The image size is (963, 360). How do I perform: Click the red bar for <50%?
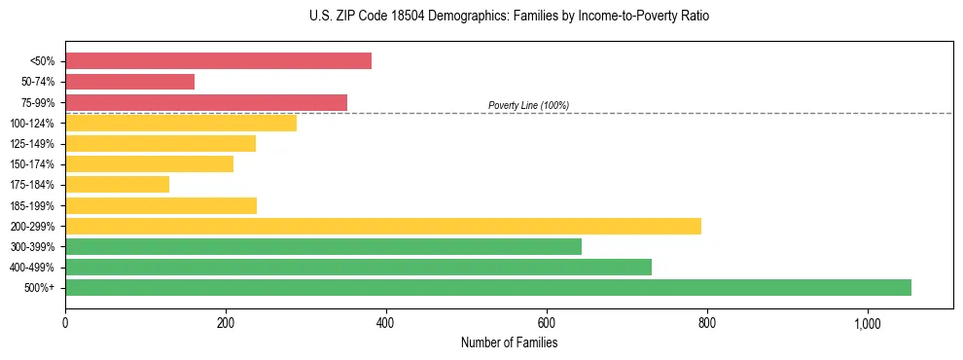tap(218, 61)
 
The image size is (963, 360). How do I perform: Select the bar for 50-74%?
tap(129, 82)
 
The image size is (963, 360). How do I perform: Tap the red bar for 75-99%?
tap(205, 102)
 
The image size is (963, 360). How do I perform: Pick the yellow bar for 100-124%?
tap(180, 123)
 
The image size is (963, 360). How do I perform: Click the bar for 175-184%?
tap(117, 185)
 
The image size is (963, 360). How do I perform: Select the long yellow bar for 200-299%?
tap(382, 226)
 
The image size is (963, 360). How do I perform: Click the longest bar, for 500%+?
tap(487, 287)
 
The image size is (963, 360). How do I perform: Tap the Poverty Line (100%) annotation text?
tap(528, 105)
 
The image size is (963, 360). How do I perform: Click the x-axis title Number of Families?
tap(509, 343)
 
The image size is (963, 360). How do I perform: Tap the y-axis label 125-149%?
tap(32, 144)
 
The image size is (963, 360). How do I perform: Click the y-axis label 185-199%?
tap(32, 205)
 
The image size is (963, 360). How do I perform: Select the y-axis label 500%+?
tap(39, 288)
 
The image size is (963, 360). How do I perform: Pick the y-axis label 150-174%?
tap(32, 164)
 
